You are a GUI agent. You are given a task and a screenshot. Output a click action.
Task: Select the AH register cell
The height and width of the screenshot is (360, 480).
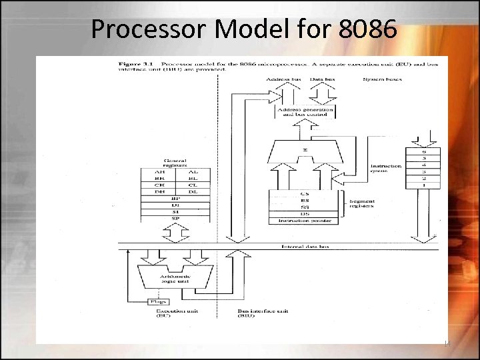coord(159,172)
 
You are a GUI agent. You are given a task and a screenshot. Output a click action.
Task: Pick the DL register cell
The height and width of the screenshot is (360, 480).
coord(192,191)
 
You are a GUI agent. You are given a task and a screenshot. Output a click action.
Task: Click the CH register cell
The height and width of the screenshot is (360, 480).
coord(159,185)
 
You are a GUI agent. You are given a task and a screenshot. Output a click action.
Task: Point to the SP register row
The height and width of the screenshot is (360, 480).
coord(176,217)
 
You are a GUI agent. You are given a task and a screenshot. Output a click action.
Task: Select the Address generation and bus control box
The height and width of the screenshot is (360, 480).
coord(303,113)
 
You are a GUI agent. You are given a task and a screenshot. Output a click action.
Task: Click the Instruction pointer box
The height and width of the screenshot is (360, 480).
coord(303,220)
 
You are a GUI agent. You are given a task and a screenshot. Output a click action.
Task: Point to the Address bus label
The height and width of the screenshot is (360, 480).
coord(283,80)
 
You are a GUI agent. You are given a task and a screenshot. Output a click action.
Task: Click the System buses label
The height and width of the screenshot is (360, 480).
coord(381,80)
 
